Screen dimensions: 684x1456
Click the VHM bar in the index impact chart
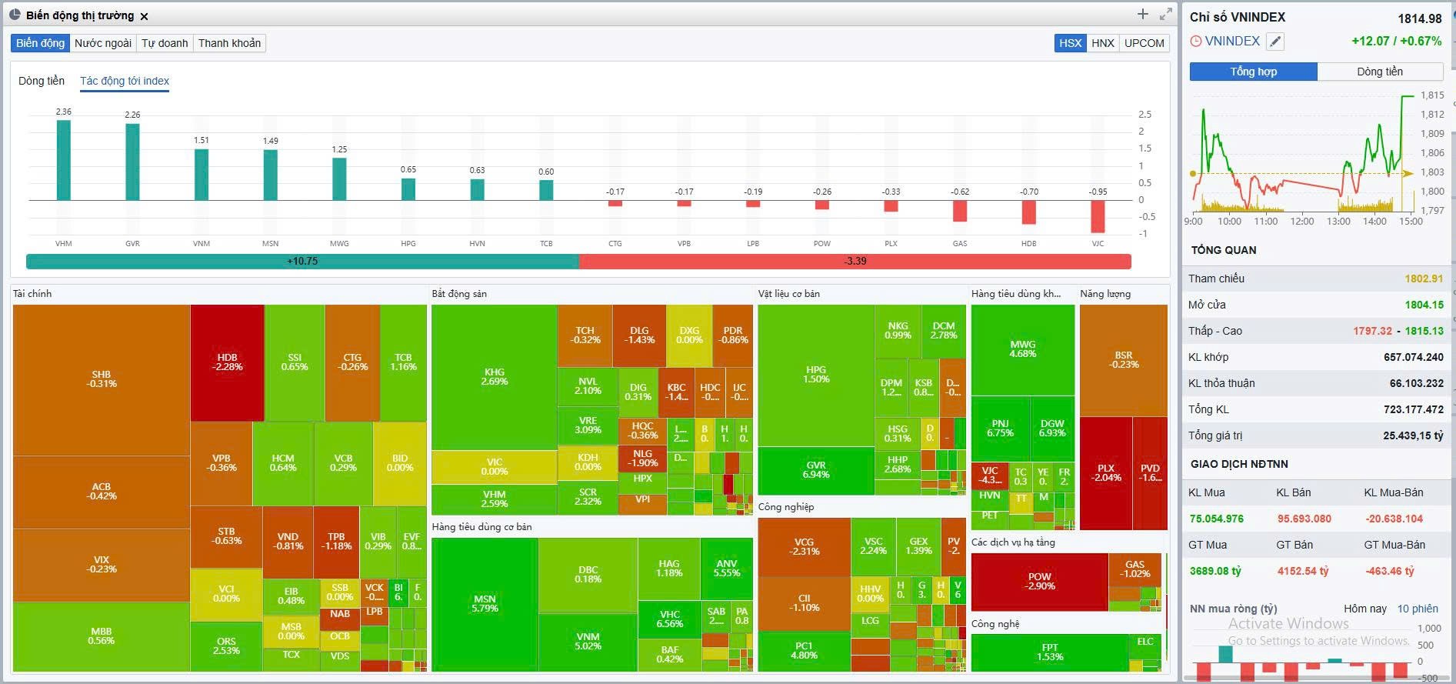[x=63, y=160]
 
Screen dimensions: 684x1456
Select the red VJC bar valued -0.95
[x=1098, y=216]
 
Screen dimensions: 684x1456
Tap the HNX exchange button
[x=1102, y=43]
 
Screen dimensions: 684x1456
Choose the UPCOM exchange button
[x=1144, y=43]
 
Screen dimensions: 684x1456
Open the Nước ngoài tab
[x=103, y=43]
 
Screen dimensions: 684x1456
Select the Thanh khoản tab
[x=229, y=43]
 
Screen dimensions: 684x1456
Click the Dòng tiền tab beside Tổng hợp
[x=1379, y=72]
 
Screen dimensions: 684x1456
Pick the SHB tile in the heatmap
[x=102, y=379]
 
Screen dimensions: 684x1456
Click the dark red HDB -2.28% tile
[x=227, y=362]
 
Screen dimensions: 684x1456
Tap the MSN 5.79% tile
[x=485, y=604]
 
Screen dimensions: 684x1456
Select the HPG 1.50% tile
[x=816, y=375]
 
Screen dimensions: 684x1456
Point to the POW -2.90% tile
[x=1039, y=582]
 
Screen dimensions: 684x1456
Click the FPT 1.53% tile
[x=1050, y=652]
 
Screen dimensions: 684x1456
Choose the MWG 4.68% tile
[x=1022, y=349]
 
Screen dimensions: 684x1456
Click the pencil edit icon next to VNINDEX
[x=1275, y=42]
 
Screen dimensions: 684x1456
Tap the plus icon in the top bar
[x=1142, y=15]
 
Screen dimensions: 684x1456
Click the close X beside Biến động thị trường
[x=145, y=16]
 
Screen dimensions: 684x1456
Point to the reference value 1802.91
[x=1424, y=279]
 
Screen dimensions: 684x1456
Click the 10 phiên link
[x=1418, y=609]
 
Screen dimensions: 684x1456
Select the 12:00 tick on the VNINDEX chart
[x=1301, y=222]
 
